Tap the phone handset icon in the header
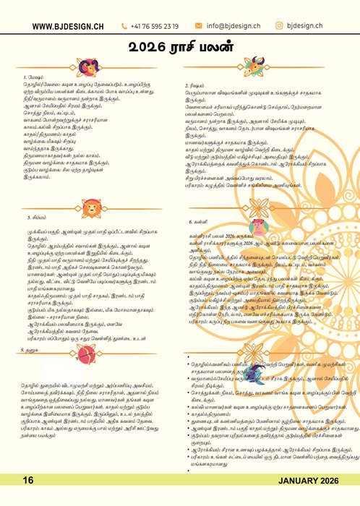coord(125,26)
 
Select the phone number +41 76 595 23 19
coord(155,26)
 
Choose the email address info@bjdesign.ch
coord(229,26)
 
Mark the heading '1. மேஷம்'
coord(33,75)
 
